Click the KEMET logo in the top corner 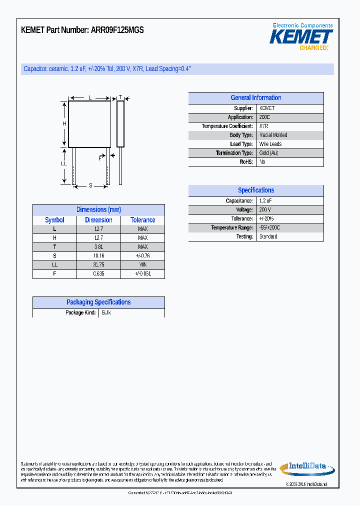coord(301,37)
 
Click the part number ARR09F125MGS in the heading coord(117,30)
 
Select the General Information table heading coord(255,98)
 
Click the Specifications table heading coord(255,190)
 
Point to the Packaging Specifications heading coord(98,302)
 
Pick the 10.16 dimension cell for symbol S coord(98,256)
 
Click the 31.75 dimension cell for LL coord(98,265)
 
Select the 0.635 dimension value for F coord(98,274)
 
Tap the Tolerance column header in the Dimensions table coord(142,220)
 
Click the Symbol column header coord(54,220)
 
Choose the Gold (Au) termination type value coord(269,153)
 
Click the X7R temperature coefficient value coord(264,126)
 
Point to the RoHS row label coord(246,162)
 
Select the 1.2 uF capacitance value coord(265,200)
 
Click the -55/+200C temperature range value coord(270,227)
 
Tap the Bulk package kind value coord(106,312)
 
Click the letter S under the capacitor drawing coord(90,185)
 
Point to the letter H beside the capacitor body coord(64,124)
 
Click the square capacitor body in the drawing coord(90,124)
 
